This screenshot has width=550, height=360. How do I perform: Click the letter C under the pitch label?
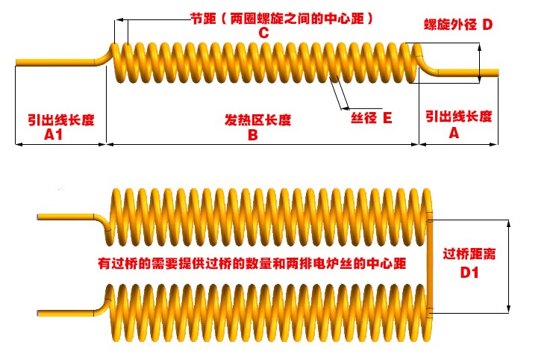click(x=263, y=33)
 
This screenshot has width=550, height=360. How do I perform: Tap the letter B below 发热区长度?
click(x=252, y=135)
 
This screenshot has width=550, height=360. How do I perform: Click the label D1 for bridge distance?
click(x=469, y=273)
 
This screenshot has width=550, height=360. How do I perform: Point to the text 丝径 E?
click(x=371, y=117)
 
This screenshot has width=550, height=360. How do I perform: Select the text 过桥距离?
click(x=469, y=254)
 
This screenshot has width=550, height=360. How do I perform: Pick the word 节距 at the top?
click(x=201, y=16)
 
